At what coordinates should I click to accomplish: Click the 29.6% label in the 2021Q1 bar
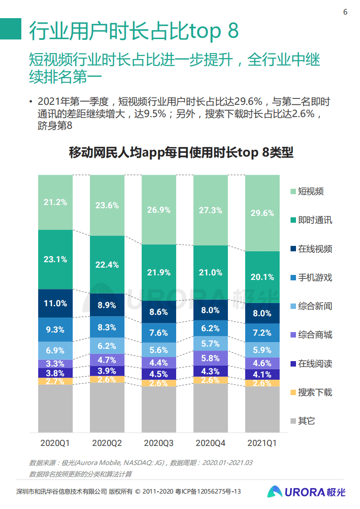262,213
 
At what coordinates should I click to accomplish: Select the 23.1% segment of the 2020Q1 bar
55,259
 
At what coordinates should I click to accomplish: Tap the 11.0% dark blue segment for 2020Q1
55,303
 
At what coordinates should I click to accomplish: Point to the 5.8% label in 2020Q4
211,358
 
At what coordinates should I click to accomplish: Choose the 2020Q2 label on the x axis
107,442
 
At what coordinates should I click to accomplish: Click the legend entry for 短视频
311,191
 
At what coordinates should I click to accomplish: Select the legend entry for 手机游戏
315,278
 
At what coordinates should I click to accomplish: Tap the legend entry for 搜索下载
315,392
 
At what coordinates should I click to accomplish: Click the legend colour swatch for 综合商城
293,335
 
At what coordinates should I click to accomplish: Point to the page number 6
345,12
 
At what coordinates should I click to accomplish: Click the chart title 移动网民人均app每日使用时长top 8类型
181,152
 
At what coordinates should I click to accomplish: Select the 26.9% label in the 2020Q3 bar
159,210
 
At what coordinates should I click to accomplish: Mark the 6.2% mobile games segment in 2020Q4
211,327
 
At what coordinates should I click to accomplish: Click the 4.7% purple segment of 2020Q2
107,360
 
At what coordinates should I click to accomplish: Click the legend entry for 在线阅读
315,364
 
